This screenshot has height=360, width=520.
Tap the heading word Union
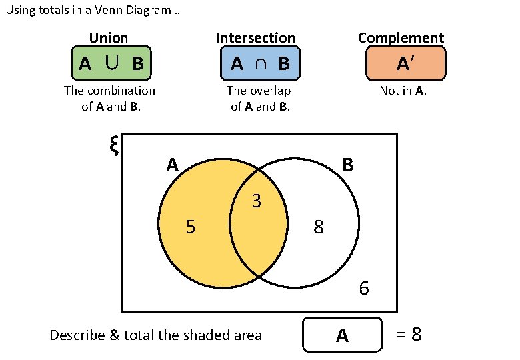109,38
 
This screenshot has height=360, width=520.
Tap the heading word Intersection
256,38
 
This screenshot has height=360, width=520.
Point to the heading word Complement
401,38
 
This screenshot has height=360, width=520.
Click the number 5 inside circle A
191,228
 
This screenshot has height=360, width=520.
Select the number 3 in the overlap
257,201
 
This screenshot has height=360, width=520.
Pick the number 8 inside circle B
319,228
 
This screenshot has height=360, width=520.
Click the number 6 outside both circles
364,289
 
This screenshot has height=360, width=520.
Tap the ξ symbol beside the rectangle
113,145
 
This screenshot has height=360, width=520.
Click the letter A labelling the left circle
173,165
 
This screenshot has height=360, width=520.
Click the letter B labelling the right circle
347,165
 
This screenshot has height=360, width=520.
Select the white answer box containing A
342,335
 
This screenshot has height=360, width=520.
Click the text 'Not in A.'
403,91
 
